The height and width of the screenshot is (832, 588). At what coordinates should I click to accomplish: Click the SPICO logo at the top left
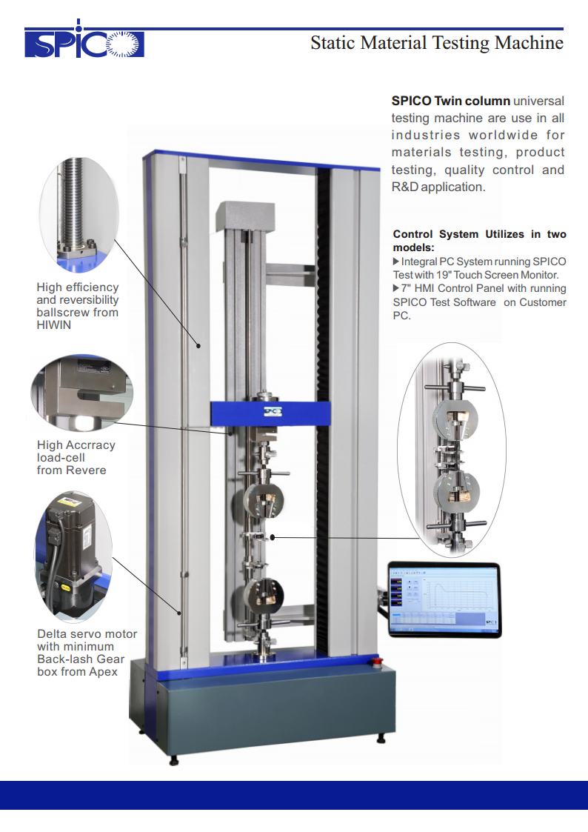pos(84,41)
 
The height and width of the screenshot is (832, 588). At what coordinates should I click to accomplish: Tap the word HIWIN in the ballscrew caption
pos(53,325)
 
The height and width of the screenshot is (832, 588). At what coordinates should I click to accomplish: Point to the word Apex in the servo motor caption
pos(104,672)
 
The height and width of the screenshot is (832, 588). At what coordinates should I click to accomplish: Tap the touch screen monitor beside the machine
pos(444,599)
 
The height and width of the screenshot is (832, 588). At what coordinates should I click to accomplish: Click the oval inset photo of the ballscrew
pos(79,214)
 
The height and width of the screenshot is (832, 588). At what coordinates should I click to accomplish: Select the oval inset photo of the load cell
pos(81,393)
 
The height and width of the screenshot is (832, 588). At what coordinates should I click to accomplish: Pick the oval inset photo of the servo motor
pos(74,556)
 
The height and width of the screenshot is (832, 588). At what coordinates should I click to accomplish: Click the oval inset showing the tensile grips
pos(452,450)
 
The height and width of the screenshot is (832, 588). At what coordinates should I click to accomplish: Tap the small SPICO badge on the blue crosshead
pos(273,412)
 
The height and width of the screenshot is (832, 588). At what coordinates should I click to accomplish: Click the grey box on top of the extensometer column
pos(245,217)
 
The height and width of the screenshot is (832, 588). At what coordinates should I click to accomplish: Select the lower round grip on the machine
pos(264,596)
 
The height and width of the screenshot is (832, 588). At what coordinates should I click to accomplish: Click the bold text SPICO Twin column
pos(451,101)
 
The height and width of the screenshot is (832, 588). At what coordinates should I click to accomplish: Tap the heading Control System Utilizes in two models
pos(479,240)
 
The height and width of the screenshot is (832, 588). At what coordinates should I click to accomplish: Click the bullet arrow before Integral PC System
pos(396,262)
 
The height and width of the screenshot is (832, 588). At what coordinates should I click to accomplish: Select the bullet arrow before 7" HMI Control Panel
pos(396,288)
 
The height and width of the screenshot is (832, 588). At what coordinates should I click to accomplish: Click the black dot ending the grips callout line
pos(273,538)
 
